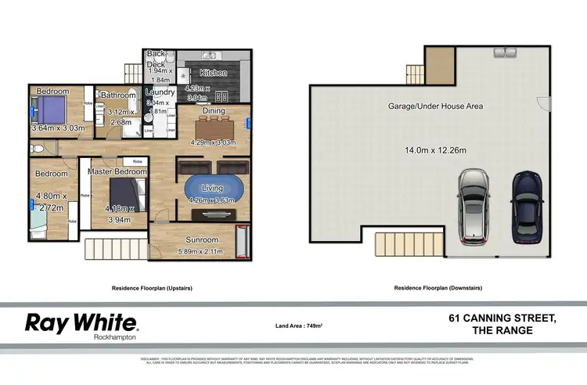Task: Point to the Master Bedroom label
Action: tap(119, 171)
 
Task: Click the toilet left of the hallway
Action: tap(35, 147)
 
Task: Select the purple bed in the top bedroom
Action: tap(51, 110)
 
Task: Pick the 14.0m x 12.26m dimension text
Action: tap(435, 150)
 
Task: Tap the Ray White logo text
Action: tap(82, 322)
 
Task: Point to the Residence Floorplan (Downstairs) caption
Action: tap(437, 288)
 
